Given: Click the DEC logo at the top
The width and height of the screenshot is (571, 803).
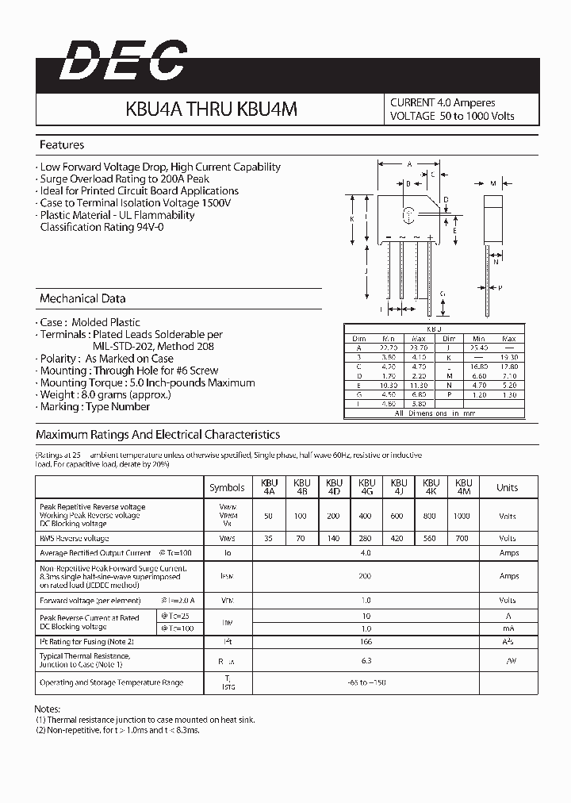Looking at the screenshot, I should click(x=124, y=61).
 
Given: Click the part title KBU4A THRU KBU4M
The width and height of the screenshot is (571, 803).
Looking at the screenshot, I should click(x=211, y=109).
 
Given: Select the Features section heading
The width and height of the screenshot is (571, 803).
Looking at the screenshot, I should click(x=62, y=145).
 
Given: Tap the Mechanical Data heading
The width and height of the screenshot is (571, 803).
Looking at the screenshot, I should click(x=82, y=299).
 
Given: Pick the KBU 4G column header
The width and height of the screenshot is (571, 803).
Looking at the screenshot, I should click(x=366, y=487).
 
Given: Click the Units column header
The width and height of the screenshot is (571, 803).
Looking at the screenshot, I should click(x=507, y=487).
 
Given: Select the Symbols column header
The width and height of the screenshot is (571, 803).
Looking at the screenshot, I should click(x=228, y=488).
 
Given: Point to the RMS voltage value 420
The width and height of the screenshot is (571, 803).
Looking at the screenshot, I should click(x=398, y=538).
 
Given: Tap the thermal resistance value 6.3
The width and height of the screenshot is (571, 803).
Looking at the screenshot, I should click(x=366, y=660).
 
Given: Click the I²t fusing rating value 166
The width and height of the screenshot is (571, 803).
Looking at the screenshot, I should click(x=366, y=641).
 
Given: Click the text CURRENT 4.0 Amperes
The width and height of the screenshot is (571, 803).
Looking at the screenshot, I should click(x=443, y=102).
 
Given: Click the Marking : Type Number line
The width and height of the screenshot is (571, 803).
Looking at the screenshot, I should click(x=95, y=406).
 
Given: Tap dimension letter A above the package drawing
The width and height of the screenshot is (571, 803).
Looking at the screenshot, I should click(x=408, y=165).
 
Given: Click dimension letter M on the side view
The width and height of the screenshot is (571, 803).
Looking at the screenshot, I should click(x=492, y=183).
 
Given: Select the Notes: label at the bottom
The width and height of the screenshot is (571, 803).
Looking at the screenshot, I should click(x=47, y=709).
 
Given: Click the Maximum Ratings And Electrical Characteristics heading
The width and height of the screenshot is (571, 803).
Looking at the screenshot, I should click(x=158, y=435).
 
